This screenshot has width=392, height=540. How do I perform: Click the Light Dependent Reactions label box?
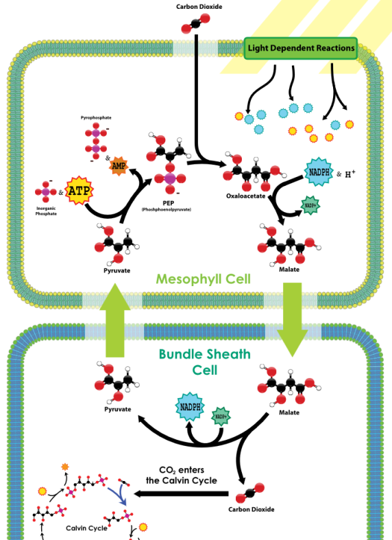point(300,48)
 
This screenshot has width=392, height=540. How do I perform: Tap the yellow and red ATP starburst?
point(79,190)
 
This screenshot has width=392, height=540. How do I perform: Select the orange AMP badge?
point(119,166)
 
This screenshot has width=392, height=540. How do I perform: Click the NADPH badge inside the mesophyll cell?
point(319,172)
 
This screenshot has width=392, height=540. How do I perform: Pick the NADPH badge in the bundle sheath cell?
point(190,407)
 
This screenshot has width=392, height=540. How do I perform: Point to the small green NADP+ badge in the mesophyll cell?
point(310,205)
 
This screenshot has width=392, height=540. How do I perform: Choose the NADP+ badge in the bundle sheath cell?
point(221,416)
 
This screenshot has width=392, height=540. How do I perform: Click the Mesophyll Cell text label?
point(203,279)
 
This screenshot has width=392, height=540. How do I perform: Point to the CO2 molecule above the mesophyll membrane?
point(195,23)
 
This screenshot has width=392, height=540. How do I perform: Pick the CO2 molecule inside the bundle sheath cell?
point(250,493)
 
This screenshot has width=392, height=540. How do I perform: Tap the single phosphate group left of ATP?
point(46,191)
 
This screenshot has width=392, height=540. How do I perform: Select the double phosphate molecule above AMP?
point(96,140)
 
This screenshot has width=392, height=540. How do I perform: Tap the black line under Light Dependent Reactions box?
point(332,68)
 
